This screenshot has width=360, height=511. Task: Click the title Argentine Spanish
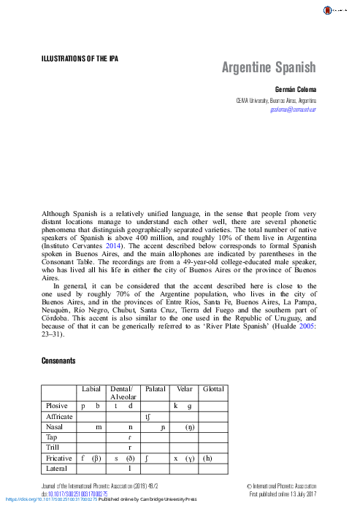click(269, 68)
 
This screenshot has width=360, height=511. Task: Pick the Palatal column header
click(156, 389)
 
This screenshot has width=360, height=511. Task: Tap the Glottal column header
click(215, 389)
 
